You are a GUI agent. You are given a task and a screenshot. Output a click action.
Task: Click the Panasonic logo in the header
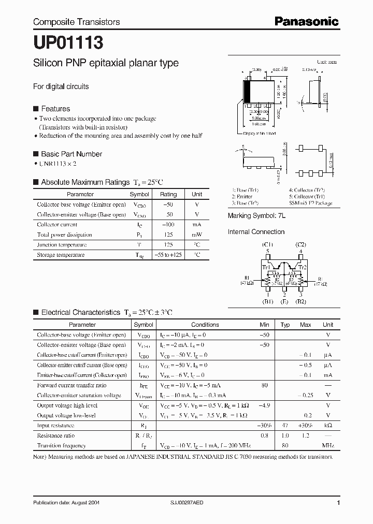[x=306, y=22]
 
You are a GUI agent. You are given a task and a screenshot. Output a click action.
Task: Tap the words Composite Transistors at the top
[x=76, y=22]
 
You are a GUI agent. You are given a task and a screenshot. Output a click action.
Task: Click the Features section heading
[x=55, y=109]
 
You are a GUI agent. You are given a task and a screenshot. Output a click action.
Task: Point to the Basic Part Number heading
[x=71, y=154]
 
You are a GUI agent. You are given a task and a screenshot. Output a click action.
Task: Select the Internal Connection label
[x=256, y=232]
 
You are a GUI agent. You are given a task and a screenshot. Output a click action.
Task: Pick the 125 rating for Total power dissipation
[x=168, y=235]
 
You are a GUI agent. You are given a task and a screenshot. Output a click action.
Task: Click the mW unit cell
[x=197, y=235]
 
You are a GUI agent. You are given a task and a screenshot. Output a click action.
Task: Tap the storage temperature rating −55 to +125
[x=168, y=255]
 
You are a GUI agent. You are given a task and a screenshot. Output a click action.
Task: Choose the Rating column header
[x=168, y=194]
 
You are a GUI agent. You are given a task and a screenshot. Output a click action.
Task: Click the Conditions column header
[x=205, y=325]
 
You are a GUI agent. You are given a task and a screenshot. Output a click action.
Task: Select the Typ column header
[x=285, y=325]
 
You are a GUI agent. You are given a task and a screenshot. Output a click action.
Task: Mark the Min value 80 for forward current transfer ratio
[x=264, y=385]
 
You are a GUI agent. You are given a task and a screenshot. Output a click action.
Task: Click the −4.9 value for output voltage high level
[x=264, y=405]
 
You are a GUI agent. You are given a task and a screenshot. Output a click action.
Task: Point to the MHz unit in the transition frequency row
[x=328, y=445]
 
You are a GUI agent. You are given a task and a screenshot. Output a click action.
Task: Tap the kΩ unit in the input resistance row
[x=328, y=425]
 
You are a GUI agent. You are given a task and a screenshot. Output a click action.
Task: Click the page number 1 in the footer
[x=338, y=503]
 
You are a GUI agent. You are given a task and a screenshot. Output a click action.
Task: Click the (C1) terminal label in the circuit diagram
[x=267, y=244]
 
